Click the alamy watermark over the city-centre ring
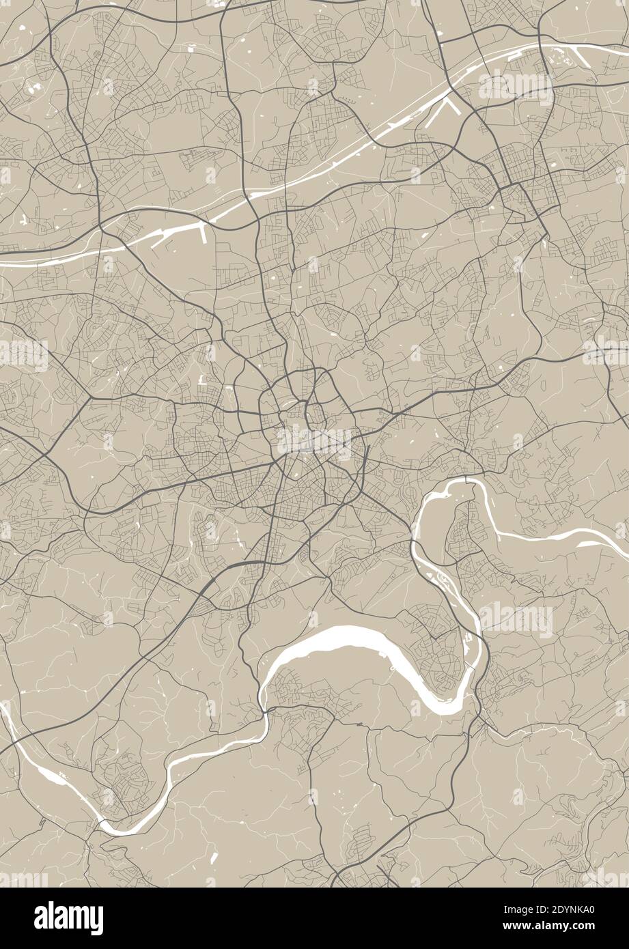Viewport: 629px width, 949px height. click(x=314, y=443)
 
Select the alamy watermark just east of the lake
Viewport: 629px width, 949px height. click(x=516, y=619)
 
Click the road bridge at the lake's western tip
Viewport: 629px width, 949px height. click(x=263, y=713)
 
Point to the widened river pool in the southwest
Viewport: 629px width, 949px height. click(x=48, y=774)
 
